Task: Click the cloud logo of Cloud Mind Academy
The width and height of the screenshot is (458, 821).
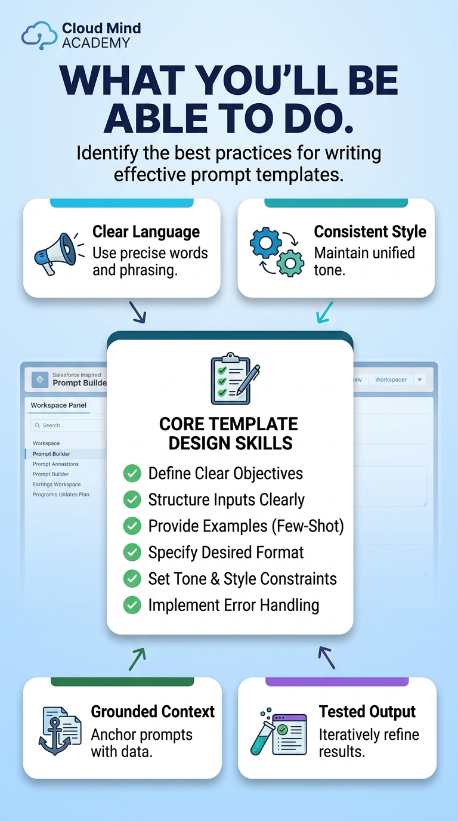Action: [x=39, y=35]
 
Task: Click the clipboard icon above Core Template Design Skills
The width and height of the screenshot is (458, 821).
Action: [x=235, y=378]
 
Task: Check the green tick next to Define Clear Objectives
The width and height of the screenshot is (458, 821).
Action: [x=132, y=473]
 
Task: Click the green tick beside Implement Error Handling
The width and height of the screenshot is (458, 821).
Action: [x=132, y=605]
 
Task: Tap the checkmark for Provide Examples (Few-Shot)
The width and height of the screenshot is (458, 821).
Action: [x=132, y=526]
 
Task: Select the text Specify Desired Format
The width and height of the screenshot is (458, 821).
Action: [x=225, y=553]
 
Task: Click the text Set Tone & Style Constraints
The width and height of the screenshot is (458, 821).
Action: [x=242, y=579]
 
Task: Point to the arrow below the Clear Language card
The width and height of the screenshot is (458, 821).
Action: [x=138, y=313]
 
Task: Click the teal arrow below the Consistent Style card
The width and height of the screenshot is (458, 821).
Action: [x=324, y=313]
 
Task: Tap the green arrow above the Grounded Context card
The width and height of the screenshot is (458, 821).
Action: [x=137, y=659]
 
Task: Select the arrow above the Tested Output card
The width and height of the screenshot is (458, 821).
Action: [x=326, y=658]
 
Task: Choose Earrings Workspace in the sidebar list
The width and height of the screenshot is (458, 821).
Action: [x=57, y=484]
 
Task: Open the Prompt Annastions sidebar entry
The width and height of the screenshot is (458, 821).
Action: [x=55, y=464]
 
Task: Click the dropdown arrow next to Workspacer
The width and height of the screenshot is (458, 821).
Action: [x=420, y=379]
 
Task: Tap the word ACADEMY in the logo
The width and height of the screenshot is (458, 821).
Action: [x=96, y=43]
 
